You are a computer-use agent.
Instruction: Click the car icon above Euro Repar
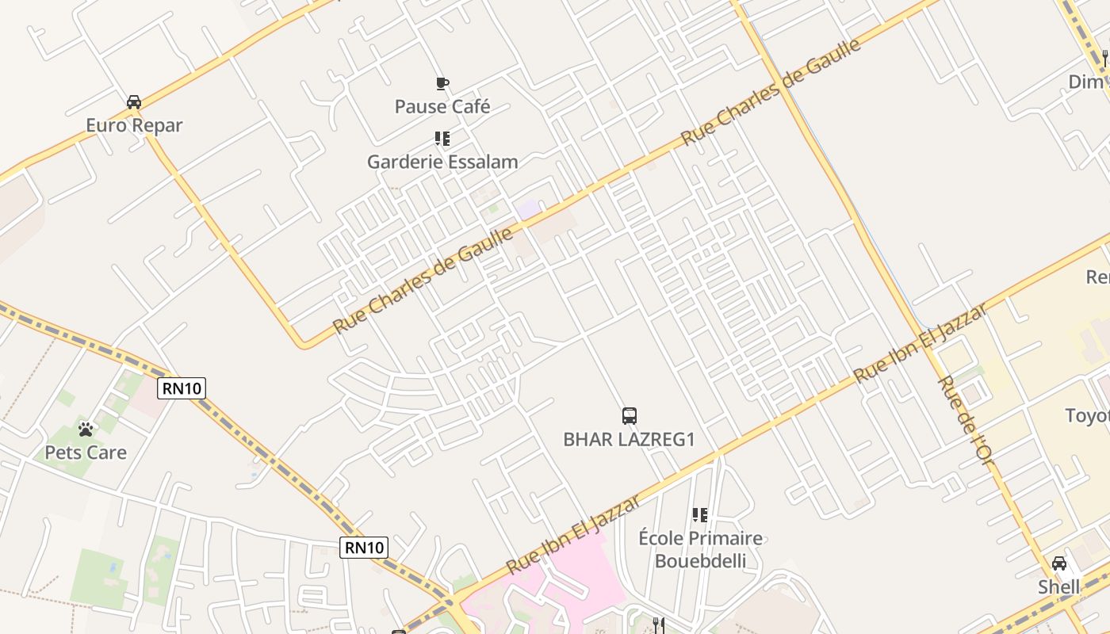click(134, 102)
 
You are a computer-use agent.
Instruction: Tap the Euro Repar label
click(134, 125)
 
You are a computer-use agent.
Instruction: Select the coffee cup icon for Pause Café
click(442, 83)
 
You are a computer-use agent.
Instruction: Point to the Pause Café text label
click(442, 106)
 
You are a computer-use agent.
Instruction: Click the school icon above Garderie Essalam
click(442, 139)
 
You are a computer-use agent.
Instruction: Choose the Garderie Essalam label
click(442, 162)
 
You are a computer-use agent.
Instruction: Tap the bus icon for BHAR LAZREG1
click(629, 415)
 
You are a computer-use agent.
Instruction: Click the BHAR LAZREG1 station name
click(629, 439)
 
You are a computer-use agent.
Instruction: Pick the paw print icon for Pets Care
click(86, 430)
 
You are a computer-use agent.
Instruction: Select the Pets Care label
click(86, 453)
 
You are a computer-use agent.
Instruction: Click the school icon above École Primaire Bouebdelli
click(699, 515)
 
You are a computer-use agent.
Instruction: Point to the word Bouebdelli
click(700, 561)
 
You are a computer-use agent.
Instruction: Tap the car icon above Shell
click(1059, 563)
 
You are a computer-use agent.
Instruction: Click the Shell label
click(1059, 587)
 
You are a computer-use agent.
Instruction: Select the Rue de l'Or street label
click(965, 419)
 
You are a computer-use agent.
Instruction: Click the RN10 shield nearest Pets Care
click(182, 388)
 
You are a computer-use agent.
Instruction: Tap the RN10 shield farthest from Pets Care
click(364, 547)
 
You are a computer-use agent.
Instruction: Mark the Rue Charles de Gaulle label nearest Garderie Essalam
click(423, 281)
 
